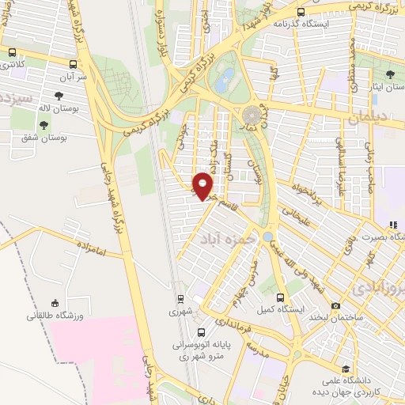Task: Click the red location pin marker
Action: tap(202, 184)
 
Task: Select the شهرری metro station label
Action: tap(181, 312)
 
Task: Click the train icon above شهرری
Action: tap(181, 299)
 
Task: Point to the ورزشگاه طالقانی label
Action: tap(54, 316)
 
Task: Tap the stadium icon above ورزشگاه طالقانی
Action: tap(54, 303)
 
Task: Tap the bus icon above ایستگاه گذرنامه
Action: tap(301, 12)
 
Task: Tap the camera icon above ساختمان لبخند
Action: tap(336, 305)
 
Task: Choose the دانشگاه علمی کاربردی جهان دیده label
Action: tap(347, 387)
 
